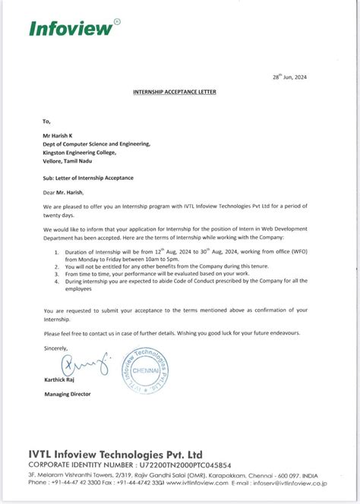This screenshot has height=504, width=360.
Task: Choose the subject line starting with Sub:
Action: tap(87, 177)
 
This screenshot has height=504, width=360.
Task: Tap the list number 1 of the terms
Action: tap(46, 251)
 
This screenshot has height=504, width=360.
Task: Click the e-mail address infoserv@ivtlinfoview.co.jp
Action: tap(291, 482)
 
